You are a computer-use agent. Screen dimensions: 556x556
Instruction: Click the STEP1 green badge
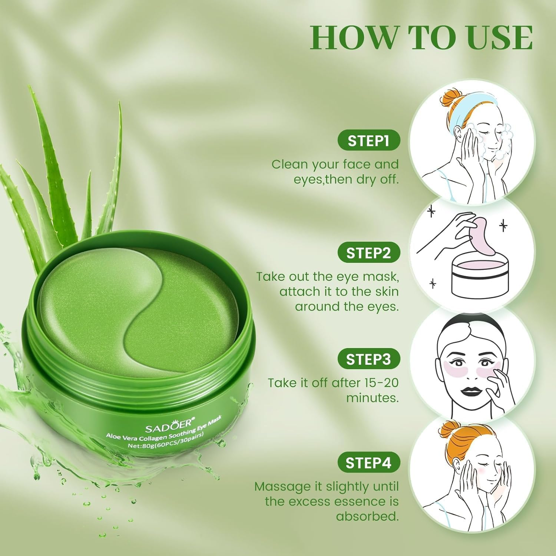pos(368,140)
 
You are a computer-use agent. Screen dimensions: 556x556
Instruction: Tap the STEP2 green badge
pos(368,253)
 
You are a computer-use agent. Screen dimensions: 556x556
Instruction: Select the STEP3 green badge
pos(368,359)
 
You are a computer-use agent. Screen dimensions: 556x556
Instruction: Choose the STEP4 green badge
pos(368,463)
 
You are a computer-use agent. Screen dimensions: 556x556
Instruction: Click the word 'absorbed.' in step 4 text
pos(367,516)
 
